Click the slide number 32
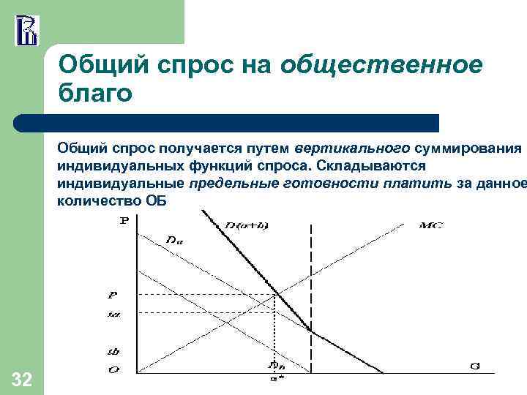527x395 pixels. click(x=22, y=379)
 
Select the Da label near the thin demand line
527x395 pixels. click(x=174, y=238)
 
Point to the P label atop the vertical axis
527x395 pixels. click(x=123, y=220)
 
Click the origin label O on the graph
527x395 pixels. click(x=113, y=369)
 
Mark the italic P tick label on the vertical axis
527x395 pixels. click(x=113, y=296)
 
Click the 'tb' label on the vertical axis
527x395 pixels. click(x=113, y=351)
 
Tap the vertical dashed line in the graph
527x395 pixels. click(x=312, y=293)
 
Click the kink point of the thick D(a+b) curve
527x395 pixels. click(x=312, y=332)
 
